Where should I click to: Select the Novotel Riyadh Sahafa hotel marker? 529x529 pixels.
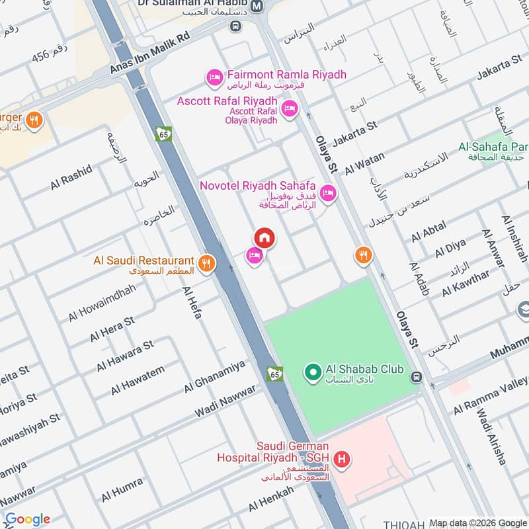[x=327, y=194]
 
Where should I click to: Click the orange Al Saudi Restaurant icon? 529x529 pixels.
[x=207, y=263]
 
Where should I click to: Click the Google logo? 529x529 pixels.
[x=27, y=519]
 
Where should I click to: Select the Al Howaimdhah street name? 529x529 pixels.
[x=102, y=304]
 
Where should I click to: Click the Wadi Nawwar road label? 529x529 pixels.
[x=225, y=401]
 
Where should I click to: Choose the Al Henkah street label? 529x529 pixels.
[x=271, y=499]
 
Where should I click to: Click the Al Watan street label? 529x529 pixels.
[x=364, y=160]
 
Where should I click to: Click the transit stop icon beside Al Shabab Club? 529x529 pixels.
[x=416, y=378]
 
